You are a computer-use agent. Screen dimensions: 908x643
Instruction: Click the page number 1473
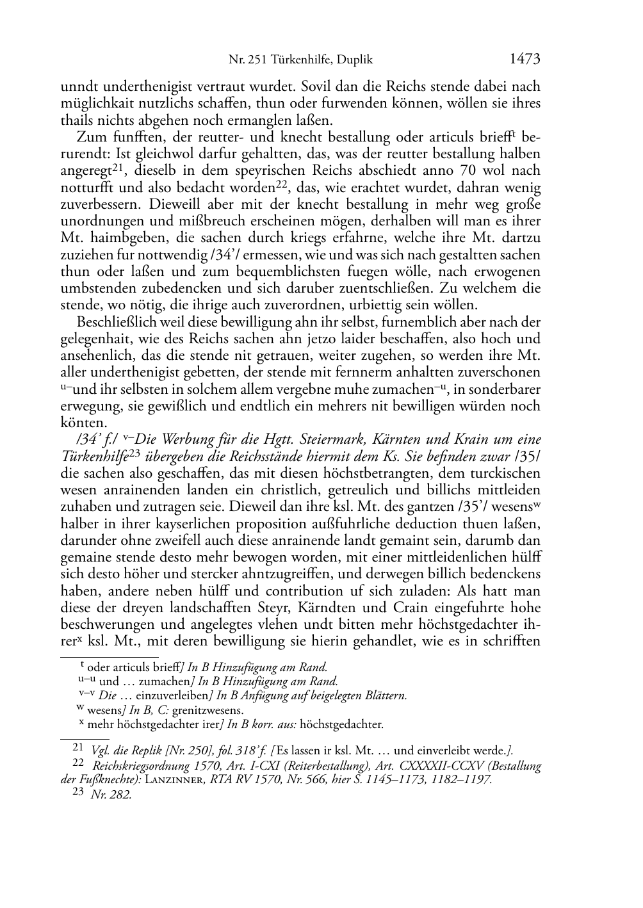525,60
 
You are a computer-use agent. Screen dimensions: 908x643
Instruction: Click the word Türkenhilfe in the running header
301,61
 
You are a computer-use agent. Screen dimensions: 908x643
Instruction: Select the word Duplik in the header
357,61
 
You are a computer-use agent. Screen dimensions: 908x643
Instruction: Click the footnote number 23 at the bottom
79,793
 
